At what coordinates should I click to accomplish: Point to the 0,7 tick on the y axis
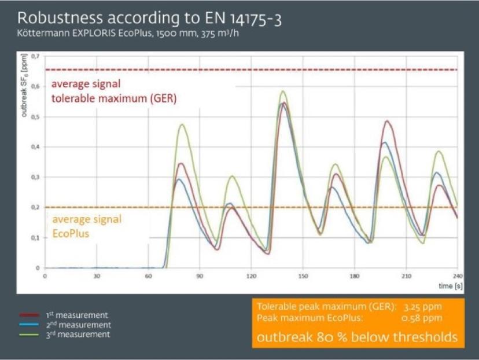click(x=36, y=56)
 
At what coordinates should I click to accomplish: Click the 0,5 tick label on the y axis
click(x=36, y=117)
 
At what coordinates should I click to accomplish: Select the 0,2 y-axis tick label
click(x=36, y=207)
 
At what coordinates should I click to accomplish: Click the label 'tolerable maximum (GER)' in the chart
click(x=114, y=98)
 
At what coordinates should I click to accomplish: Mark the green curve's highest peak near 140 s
click(x=283, y=91)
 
